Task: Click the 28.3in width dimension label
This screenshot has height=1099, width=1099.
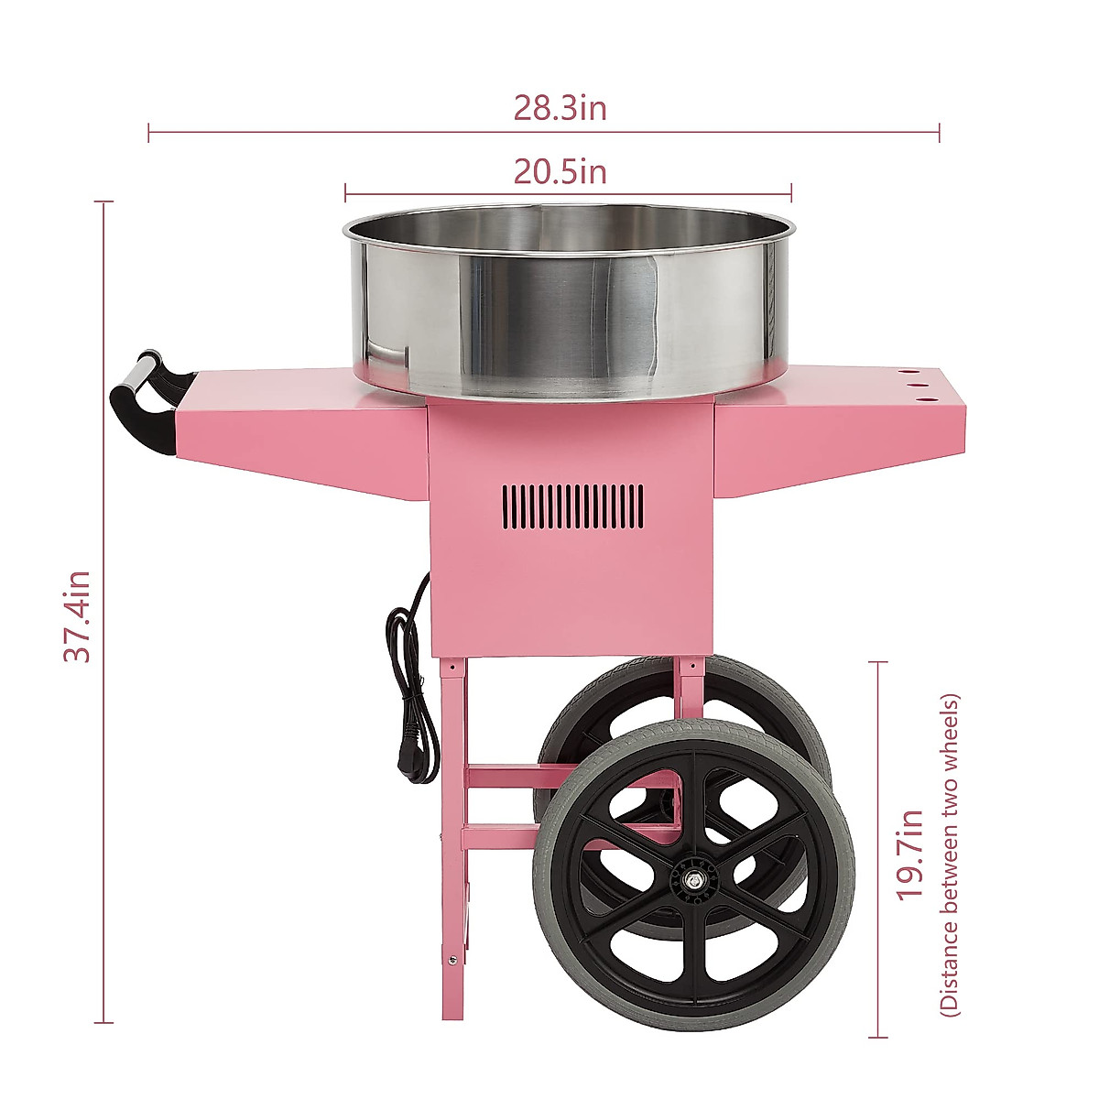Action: pos(560,108)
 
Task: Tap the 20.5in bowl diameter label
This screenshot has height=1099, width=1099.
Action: pos(560,171)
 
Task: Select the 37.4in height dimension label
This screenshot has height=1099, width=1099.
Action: pos(77,616)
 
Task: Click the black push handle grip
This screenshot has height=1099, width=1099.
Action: pos(137,412)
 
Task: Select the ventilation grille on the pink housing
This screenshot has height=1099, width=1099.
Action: pos(572,505)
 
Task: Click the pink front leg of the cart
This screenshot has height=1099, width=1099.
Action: pos(452,806)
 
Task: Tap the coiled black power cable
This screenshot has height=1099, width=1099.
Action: pos(408,669)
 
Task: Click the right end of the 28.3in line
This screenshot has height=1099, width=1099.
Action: pos(939,133)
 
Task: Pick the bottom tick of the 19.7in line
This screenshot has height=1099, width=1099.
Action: pos(877,1038)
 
